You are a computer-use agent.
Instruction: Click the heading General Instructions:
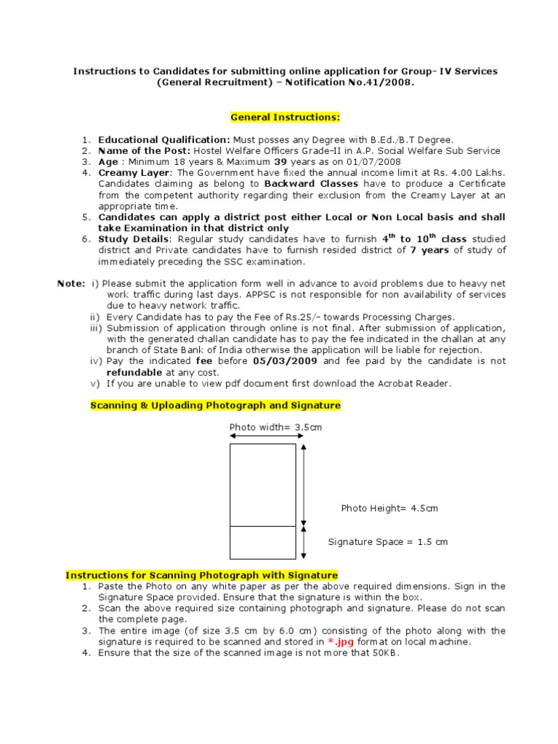click(x=285, y=117)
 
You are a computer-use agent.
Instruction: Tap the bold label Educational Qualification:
click(x=164, y=139)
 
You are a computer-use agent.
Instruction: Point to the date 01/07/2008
click(x=373, y=161)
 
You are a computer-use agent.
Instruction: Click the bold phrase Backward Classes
click(x=315, y=184)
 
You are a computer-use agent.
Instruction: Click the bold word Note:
click(x=71, y=284)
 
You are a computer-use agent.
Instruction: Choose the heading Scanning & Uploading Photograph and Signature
click(x=215, y=405)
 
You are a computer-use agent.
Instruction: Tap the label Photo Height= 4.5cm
click(x=389, y=508)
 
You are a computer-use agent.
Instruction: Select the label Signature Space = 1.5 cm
click(x=388, y=541)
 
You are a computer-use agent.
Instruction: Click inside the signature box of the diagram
click(x=262, y=542)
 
